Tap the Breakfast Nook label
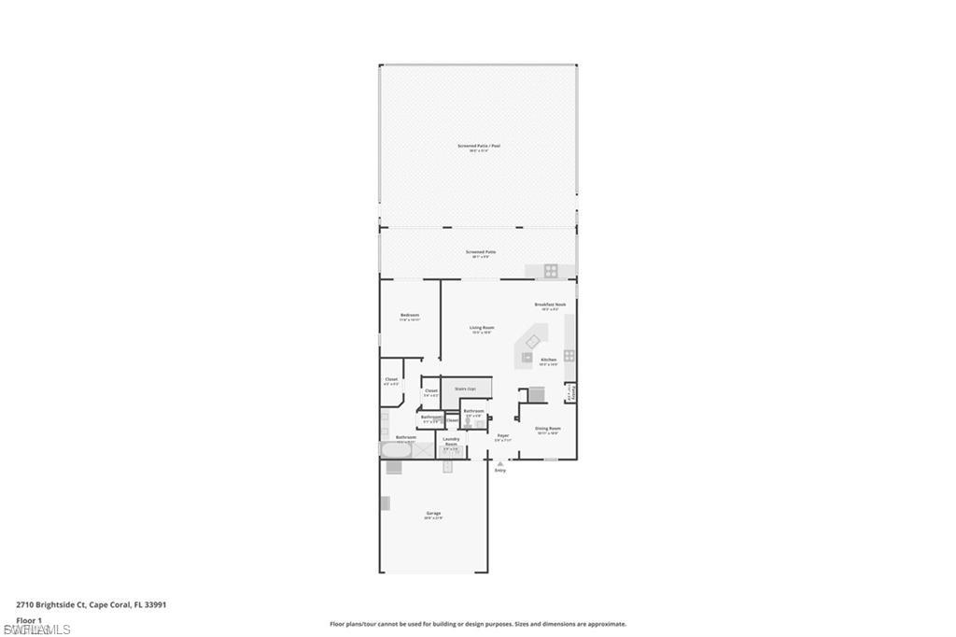[547, 304]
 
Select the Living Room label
[482, 328]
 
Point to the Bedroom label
[410, 316]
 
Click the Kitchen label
[548, 360]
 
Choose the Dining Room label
[547, 429]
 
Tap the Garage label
[433, 513]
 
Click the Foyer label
[503, 435]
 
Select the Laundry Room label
[451, 441]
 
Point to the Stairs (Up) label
[465, 389]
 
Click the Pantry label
[570, 395]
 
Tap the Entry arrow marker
[500, 464]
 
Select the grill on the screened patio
[551, 271]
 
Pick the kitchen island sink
[532, 342]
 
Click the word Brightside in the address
[65, 605]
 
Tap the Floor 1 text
[29, 619]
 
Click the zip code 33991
[155, 605]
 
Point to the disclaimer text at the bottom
[478, 624]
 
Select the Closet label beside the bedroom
[391, 380]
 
